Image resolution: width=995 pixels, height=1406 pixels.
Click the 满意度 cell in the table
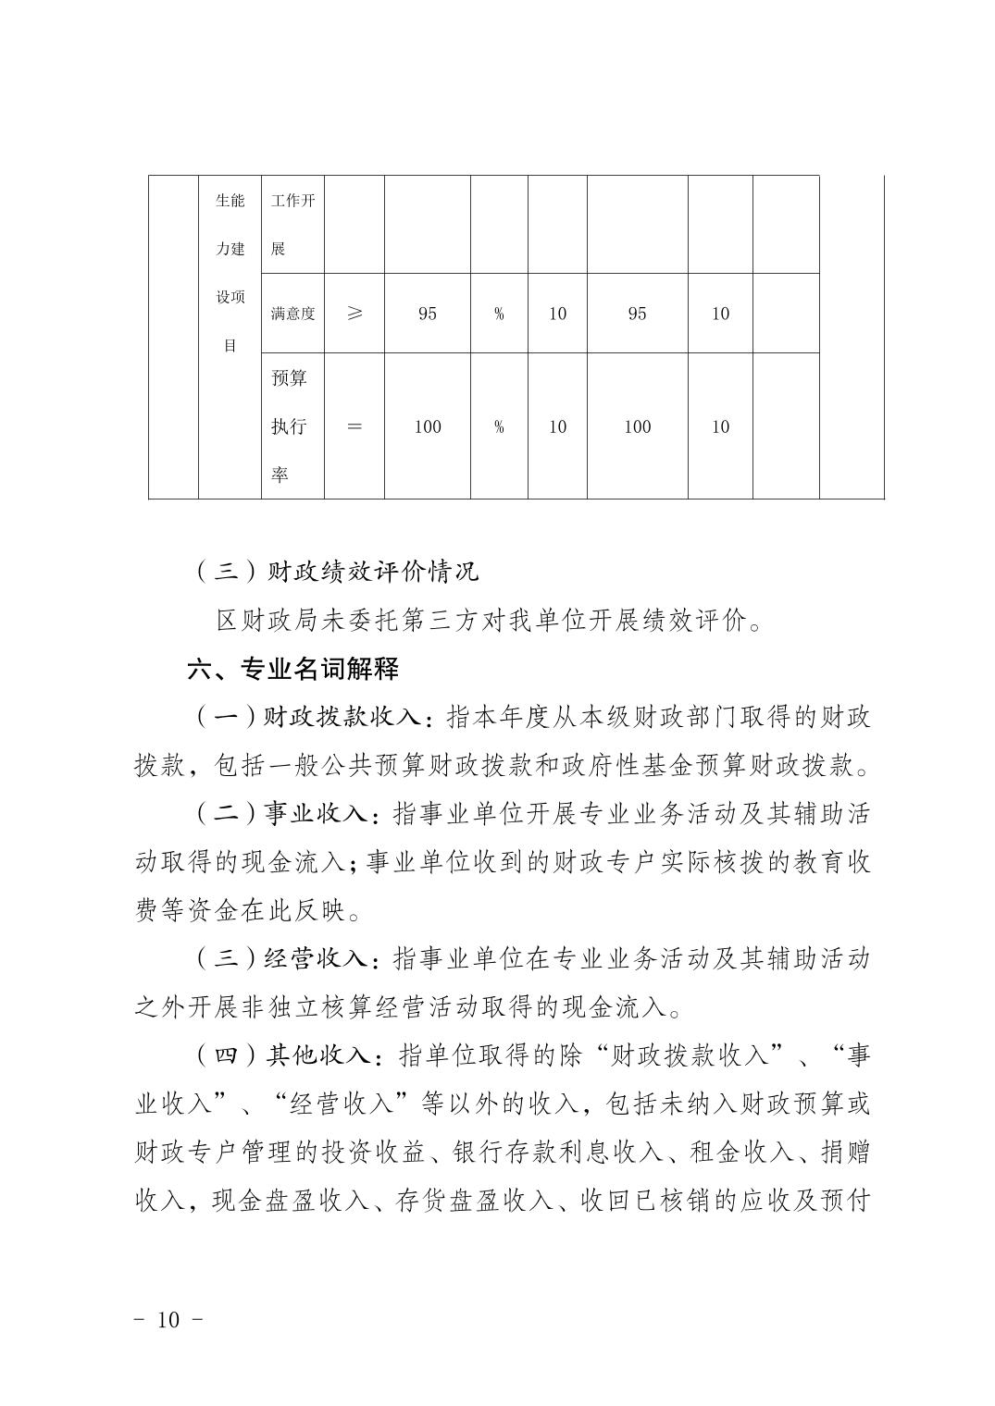click(x=292, y=314)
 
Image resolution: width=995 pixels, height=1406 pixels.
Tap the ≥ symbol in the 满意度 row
click(x=354, y=314)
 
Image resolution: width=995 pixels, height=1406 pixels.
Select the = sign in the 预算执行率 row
click(x=354, y=426)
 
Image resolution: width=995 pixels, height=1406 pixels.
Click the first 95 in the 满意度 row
click(x=427, y=314)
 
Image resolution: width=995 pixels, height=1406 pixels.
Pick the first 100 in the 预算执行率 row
click(x=427, y=426)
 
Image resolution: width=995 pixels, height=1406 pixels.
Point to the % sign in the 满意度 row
click(x=499, y=314)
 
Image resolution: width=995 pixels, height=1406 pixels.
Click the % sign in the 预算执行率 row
click(x=499, y=426)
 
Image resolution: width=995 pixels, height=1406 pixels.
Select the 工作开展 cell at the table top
click(x=292, y=225)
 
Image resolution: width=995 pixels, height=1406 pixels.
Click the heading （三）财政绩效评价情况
click(x=337, y=571)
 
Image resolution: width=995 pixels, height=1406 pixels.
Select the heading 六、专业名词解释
click(x=293, y=668)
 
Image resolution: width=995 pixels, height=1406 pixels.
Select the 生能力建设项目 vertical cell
click(x=230, y=273)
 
